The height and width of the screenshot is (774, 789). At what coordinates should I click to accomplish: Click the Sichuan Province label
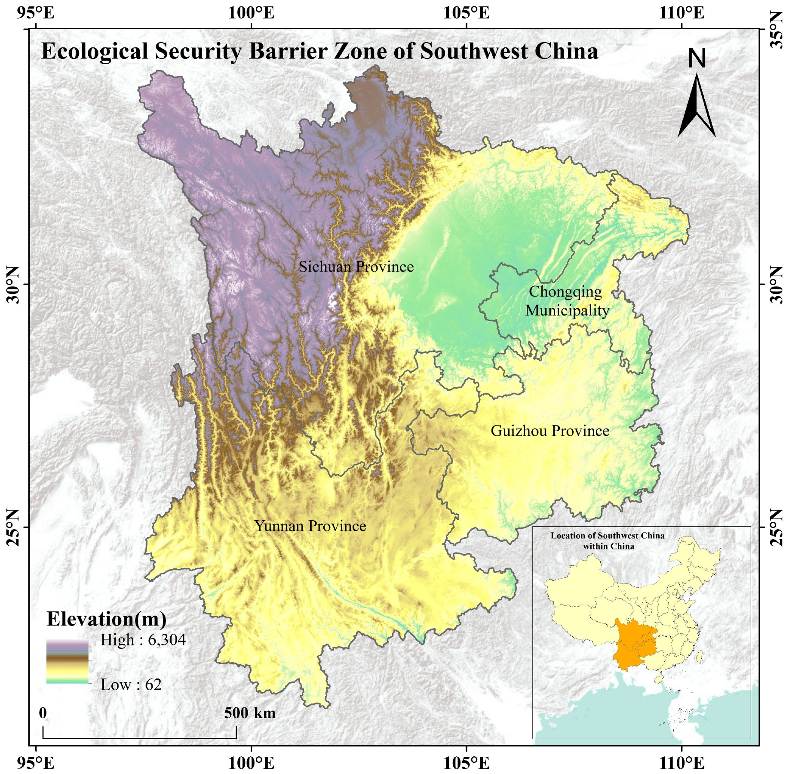pyautogui.click(x=356, y=267)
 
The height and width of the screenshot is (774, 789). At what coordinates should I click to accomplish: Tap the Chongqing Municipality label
pyautogui.click(x=567, y=301)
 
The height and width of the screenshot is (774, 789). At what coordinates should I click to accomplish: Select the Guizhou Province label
pyautogui.click(x=550, y=431)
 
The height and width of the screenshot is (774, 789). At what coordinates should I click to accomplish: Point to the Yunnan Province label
pyautogui.click(x=310, y=526)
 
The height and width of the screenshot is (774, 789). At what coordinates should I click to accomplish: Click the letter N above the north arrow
pyautogui.click(x=697, y=59)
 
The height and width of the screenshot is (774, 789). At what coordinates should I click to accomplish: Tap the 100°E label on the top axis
pyautogui.click(x=251, y=13)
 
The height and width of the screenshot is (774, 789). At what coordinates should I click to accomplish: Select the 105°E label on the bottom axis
pyautogui.click(x=467, y=763)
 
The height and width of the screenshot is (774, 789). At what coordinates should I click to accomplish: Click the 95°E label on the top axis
pyautogui.click(x=36, y=13)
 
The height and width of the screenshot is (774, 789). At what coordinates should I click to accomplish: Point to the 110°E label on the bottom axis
pyautogui.click(x=682, y=763)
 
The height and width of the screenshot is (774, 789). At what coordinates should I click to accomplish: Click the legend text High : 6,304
pyautogui.click(x=143, y=640)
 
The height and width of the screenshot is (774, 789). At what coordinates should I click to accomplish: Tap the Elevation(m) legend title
pyautogui.click(x=106, y=619)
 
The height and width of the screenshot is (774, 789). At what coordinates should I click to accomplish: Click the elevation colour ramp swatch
pyautogui.click(x=68, y=662)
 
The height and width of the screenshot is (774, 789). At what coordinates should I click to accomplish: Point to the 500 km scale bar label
pyautogui.click(x=249, y=713)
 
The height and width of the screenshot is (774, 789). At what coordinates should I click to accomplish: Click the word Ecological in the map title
pyautogui.click(x=95, y=51)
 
